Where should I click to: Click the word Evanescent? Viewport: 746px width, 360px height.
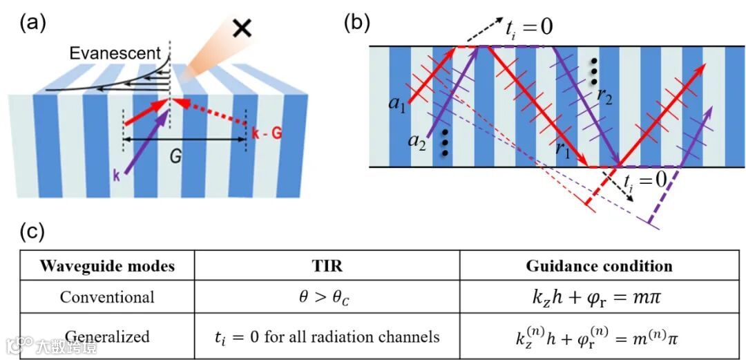point(115,53)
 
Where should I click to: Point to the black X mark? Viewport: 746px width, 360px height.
point(242,27)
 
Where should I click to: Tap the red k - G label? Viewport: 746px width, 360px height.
point(265,132)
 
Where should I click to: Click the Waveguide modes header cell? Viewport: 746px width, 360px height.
point(106,266)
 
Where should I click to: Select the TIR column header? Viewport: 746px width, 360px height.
point(327,266)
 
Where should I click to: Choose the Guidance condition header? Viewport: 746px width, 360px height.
point(599,266)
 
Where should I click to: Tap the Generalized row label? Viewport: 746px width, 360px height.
point(106,337)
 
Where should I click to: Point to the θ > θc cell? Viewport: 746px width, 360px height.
point(327,297)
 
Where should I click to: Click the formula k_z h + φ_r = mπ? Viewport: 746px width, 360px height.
point(599,297)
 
